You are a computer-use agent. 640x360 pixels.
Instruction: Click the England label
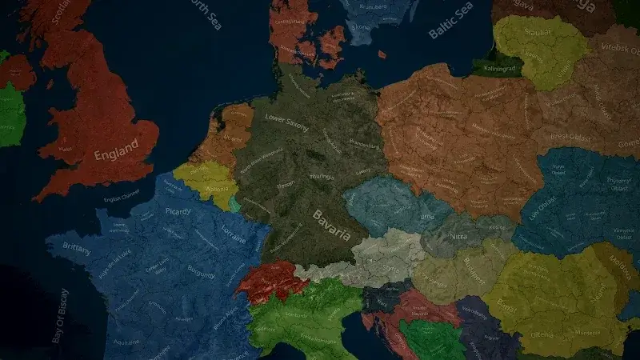[116, 154]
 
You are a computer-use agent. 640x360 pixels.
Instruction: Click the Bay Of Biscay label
[59, 316]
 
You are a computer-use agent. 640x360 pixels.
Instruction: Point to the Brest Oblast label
[570, 138]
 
